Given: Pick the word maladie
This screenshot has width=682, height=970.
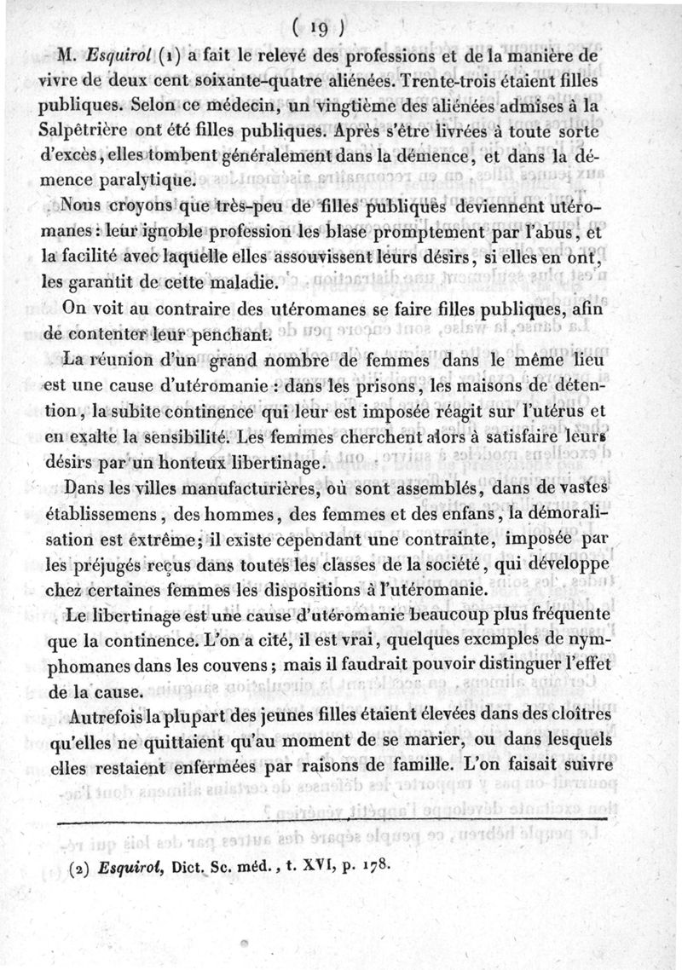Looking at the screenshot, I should tap(253, 280).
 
